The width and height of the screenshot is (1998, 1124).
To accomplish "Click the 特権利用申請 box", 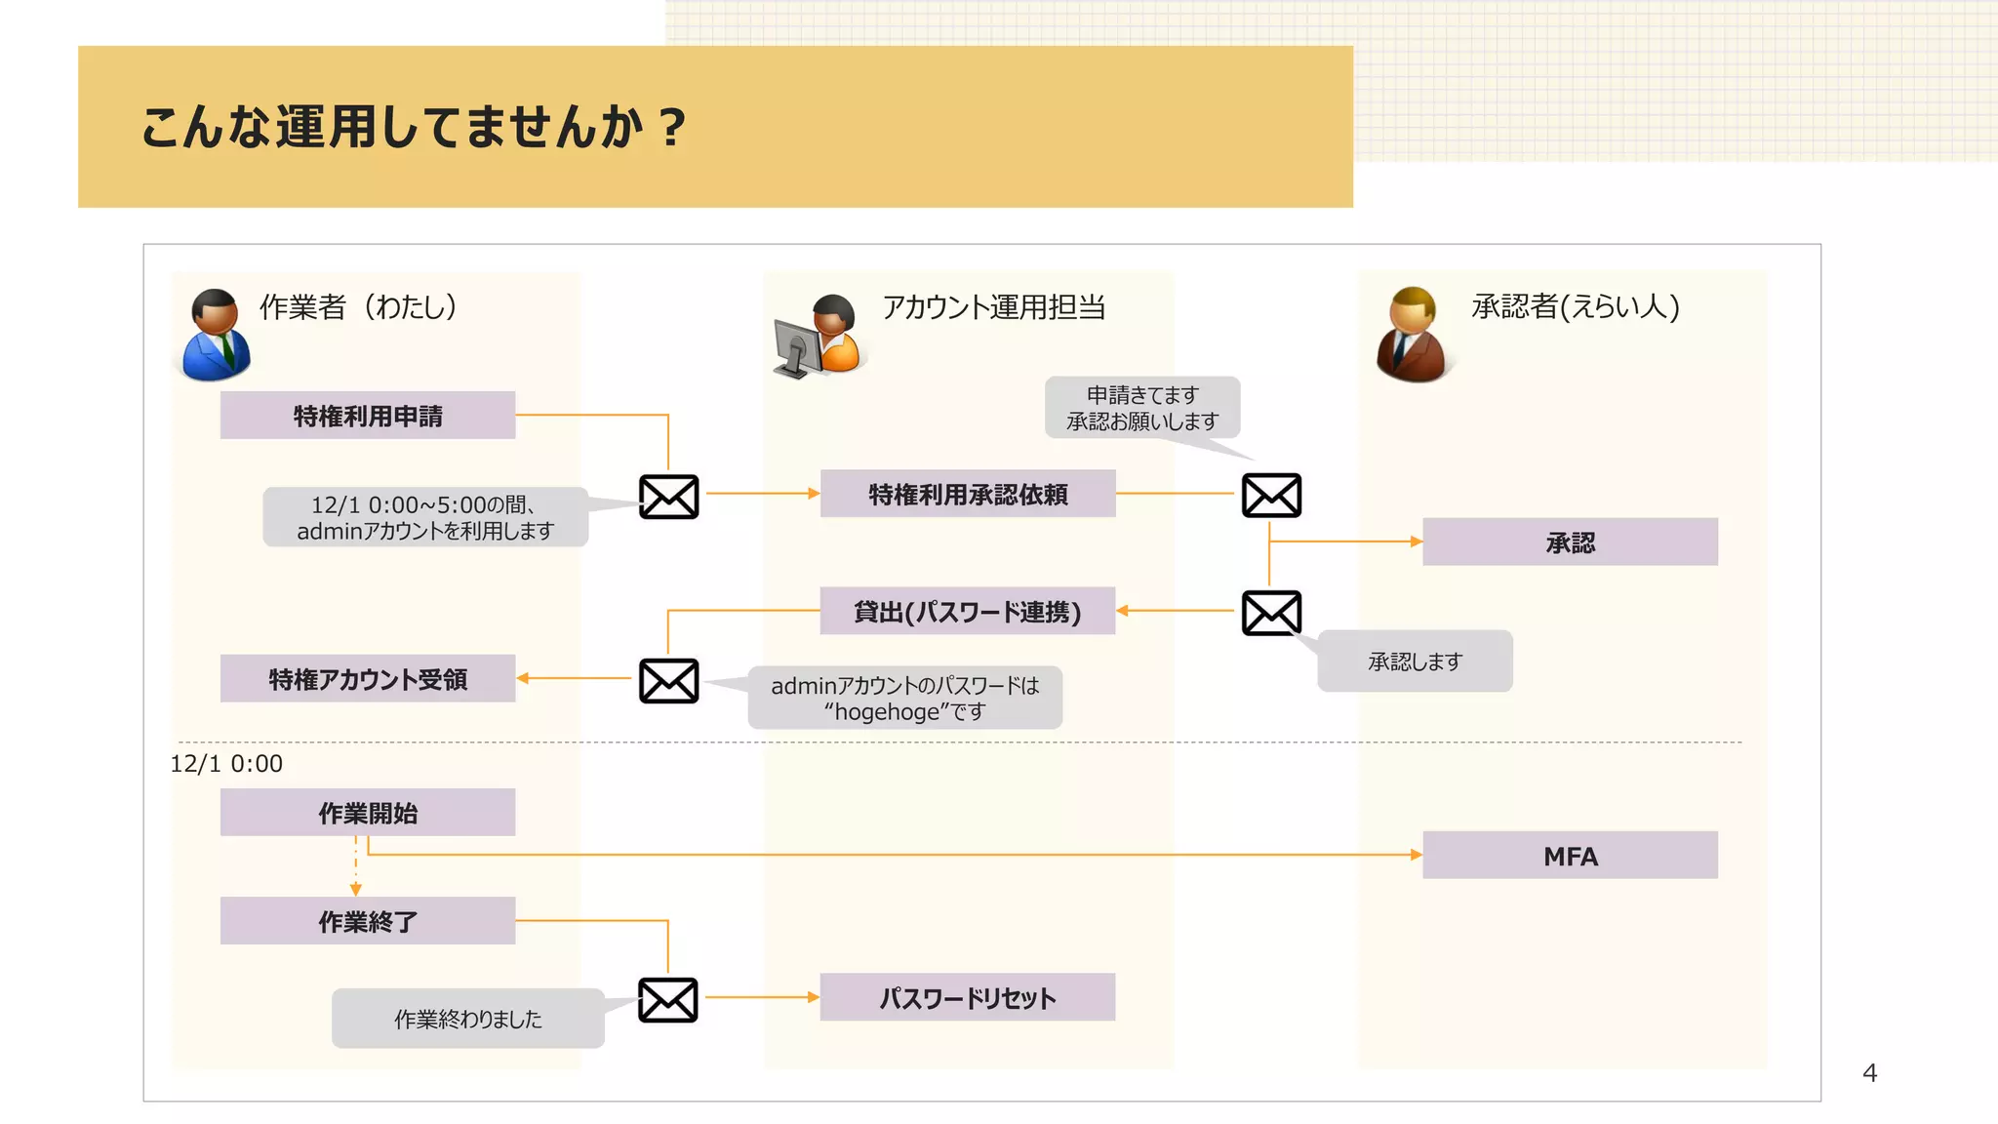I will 367,416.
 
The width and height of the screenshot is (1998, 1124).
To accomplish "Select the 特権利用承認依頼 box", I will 967,494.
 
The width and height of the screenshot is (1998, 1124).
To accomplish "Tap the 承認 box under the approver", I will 1569,542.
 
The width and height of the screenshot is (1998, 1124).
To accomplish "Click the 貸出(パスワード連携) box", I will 967,612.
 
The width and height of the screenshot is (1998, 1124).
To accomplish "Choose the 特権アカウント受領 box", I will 367,679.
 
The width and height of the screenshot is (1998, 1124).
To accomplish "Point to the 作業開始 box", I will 367,813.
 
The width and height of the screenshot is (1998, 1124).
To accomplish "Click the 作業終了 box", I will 367,921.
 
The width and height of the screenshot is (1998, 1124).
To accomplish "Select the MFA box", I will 1569,856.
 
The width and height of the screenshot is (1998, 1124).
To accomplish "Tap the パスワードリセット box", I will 967,997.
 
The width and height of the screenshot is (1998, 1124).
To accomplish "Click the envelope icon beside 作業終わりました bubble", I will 668,1000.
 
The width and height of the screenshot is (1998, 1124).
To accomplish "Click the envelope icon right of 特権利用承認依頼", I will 1270,496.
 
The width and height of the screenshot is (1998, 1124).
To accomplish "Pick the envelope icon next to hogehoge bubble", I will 668,681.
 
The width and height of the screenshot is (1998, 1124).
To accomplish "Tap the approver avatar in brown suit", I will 1412,336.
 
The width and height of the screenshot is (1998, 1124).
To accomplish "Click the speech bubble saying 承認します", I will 1415,662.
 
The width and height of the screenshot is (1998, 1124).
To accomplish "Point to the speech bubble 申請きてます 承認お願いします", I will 1141,408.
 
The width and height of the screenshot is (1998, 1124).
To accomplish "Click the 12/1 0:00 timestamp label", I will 226,764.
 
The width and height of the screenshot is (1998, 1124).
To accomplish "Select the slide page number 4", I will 1868,1073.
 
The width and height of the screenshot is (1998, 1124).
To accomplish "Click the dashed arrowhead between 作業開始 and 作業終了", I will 355,889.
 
